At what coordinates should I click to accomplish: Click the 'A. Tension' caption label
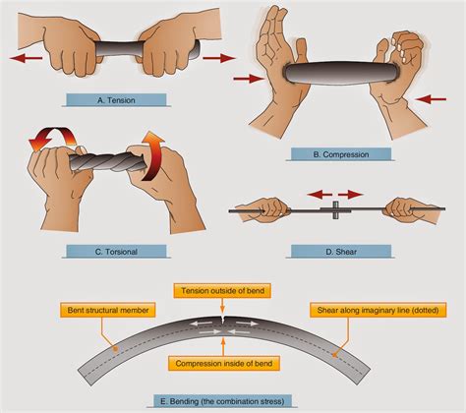click(116, 97)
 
